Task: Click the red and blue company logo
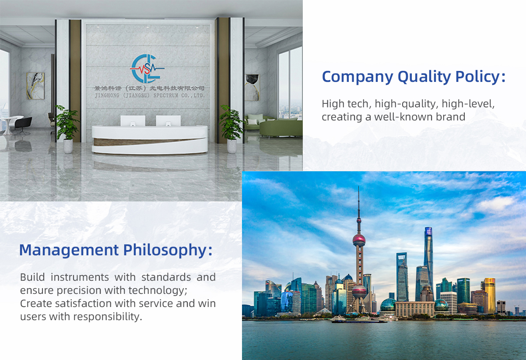(147, 68)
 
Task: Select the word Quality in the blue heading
(424, 77)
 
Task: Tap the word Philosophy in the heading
(168, 250)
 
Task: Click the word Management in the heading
(69, 250)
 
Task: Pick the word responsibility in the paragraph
(108, 317)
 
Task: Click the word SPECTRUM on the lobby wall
(166, 95)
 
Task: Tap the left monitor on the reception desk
(133, 120)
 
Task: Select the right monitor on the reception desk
(168, 120)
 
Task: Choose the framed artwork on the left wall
(35, 86)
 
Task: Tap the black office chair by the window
(23, 125)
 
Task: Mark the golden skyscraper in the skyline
(490, 295)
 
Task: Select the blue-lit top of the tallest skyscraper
(428, 232)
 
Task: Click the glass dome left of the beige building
(388, 305)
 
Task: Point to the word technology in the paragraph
(158, 290)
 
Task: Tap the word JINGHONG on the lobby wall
(107, 95)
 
